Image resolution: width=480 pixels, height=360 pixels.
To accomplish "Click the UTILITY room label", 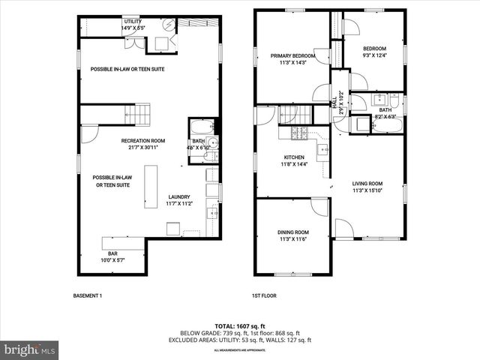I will pyautogui.click(x=132, y=21).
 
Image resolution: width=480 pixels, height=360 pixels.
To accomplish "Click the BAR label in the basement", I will pyautogui.click(x=112, y=254).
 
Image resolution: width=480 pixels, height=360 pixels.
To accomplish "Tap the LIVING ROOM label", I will pyautogui.click(x=367, y=184).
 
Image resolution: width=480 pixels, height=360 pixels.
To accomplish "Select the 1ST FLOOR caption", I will pyautogui.click(x=264, y=295).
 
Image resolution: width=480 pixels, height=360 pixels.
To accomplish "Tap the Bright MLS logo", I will pyautogui.click(x=30, y=349).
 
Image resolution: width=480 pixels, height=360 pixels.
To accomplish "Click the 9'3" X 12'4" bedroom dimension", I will pyautogui.click(x=374, y=55).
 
